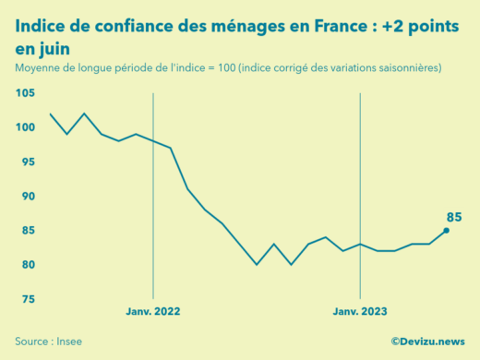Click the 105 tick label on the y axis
[25, 93]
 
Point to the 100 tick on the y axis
[25, 127]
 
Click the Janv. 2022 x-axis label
[153, 312]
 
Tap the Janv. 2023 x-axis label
[360, 312]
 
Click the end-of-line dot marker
[447, 231]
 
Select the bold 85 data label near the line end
[454, 217]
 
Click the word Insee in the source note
[69, 342]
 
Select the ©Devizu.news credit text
[427, 342]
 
